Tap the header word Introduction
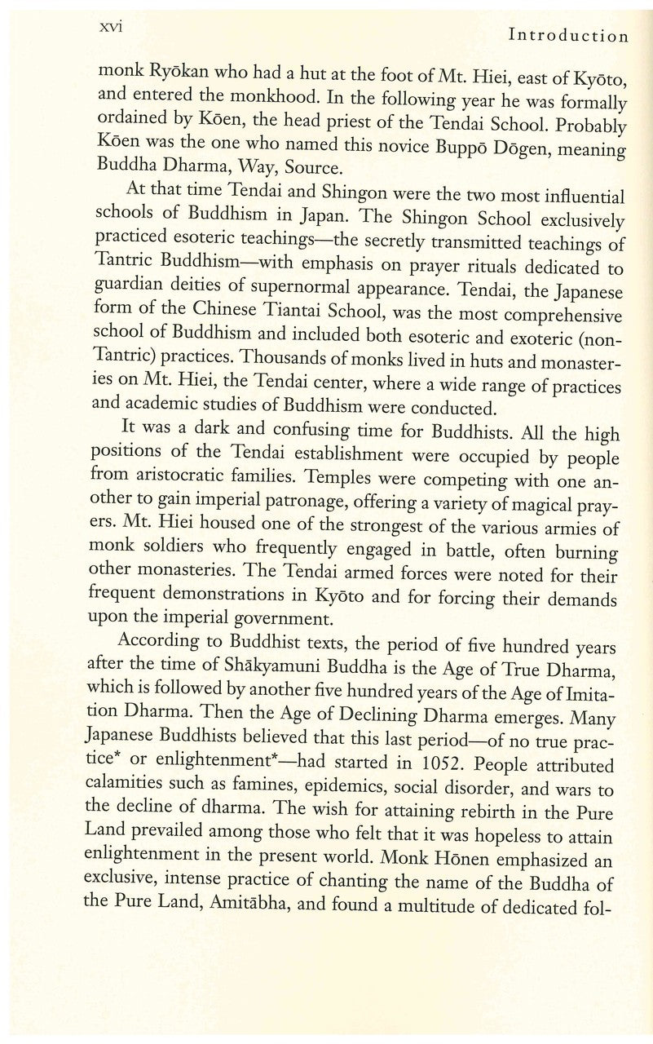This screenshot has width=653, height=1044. [x=568, y=36]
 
